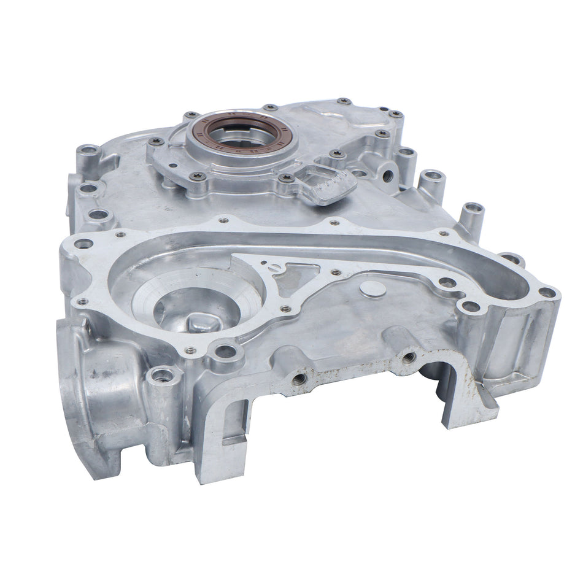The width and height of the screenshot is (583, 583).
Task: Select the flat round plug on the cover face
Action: click(x=373, y=289)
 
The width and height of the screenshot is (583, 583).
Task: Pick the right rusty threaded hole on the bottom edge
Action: click(x=409, y=357)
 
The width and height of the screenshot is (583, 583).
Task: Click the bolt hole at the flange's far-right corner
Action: click(x=547, y=293)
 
